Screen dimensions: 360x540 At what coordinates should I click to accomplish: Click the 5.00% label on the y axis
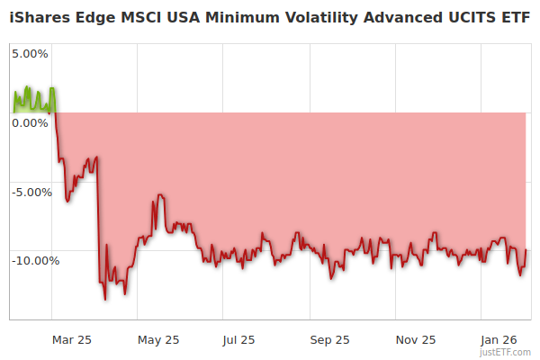point(30,53)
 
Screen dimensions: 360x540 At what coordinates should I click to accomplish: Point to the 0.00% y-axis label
point(30,122)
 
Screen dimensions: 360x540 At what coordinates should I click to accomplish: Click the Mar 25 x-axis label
point(72,339)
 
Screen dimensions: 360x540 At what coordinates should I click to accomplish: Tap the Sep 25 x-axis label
point(329,339)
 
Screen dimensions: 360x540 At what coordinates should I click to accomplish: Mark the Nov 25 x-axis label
point(416,339)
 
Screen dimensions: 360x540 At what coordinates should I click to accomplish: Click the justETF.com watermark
point(507,353)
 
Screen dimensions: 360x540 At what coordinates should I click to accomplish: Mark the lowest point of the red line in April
point(105,299)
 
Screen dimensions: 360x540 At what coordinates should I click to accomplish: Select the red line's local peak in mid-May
point(159,194)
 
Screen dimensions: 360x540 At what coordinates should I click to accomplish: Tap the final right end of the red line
point(526,250)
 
